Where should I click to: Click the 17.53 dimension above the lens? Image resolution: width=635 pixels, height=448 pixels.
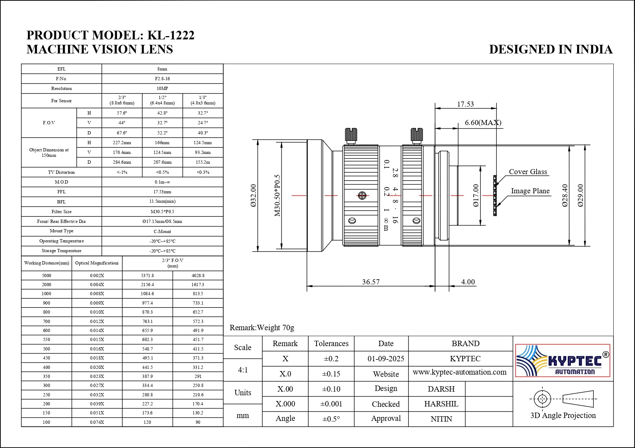465,104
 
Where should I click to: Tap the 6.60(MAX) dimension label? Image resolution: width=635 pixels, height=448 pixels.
483,122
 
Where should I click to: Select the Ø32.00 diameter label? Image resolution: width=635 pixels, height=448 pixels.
253,195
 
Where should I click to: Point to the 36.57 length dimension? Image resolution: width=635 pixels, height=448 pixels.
371,282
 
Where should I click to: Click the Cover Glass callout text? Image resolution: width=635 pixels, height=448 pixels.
528,172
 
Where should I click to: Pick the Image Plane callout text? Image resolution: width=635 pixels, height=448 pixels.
530,191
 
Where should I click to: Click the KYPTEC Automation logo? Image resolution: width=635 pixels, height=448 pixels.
563,360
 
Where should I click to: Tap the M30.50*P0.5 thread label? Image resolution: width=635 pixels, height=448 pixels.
277,195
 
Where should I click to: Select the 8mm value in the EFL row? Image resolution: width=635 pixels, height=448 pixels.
162,69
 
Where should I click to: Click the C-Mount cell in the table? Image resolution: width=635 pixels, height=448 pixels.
162,231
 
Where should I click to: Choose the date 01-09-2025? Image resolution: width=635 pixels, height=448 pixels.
386,359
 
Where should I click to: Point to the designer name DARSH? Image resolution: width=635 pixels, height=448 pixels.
441,389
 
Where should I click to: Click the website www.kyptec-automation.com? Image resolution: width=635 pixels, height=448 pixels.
460,372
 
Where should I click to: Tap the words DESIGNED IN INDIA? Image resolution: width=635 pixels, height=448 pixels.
550,49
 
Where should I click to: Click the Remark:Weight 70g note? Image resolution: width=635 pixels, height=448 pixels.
262,327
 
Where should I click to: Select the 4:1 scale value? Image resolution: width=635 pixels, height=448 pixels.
243,370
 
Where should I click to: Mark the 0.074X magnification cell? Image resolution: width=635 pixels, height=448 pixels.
97,422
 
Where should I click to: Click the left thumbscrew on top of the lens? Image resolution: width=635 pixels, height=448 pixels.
351,135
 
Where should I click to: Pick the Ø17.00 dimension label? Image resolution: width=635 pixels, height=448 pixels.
476,195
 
